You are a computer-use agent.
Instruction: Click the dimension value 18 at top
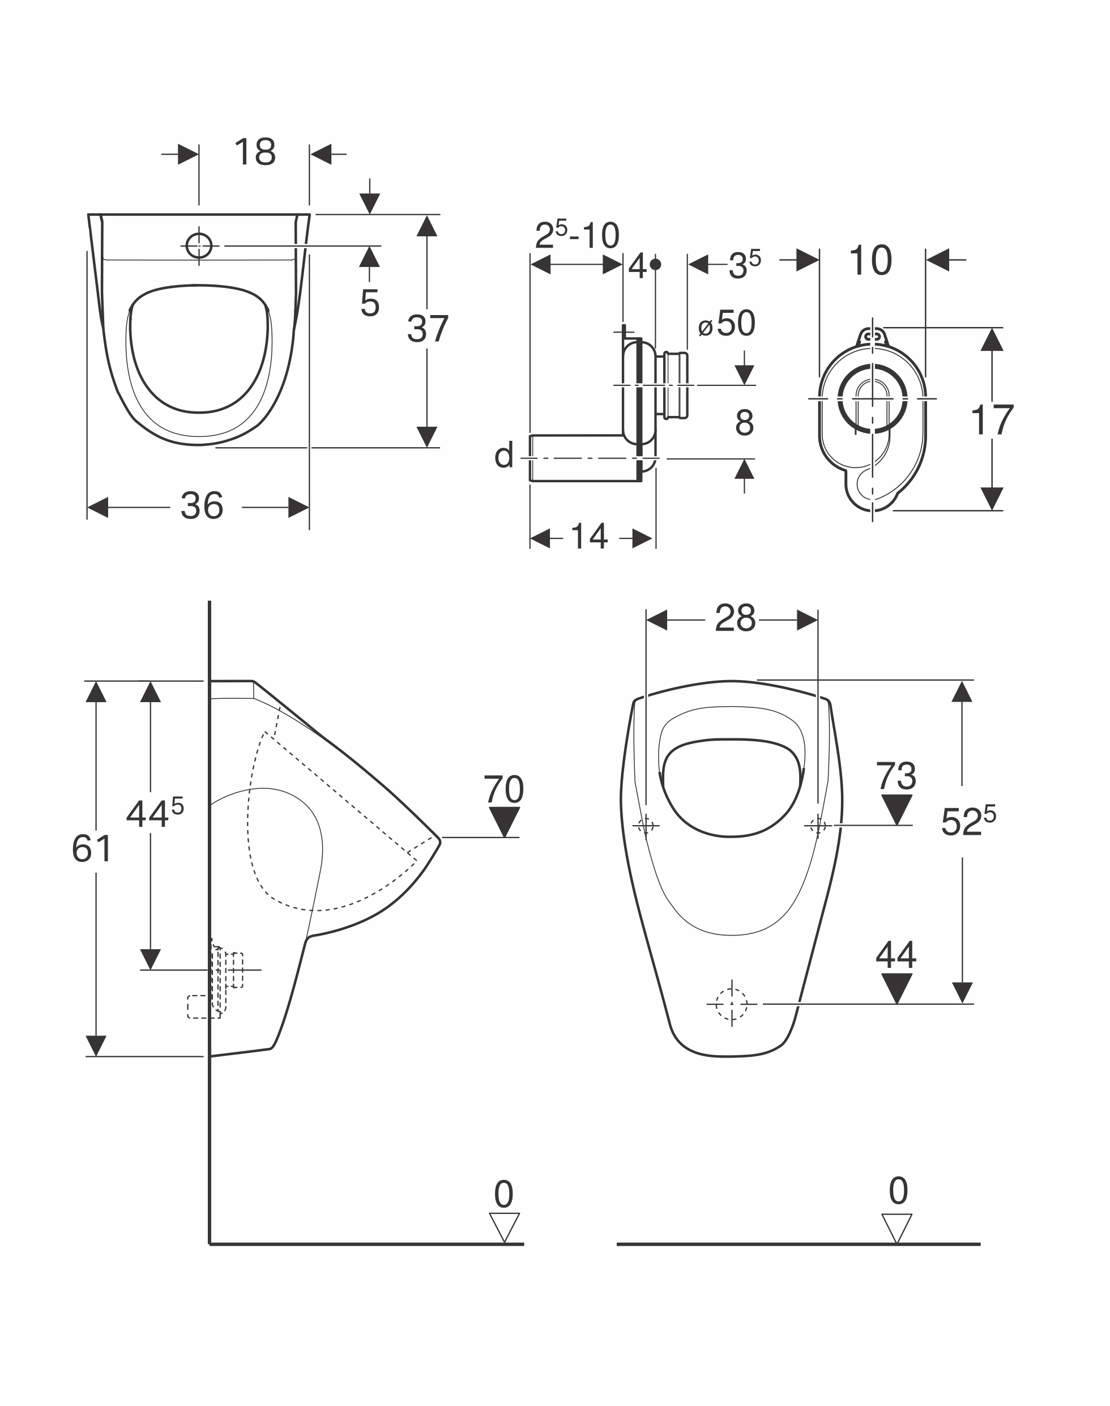click(255, 152)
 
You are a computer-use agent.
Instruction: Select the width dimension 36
click(202, 506)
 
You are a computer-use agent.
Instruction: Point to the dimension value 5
click(370, 303)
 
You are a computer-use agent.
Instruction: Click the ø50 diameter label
click(727, 323)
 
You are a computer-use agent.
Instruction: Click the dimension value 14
click(589, 537)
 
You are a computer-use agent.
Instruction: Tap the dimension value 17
click(992, 420)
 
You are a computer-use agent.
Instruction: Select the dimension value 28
click(735, 618)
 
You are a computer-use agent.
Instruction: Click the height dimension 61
click(92, 849)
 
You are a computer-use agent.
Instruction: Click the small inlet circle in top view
click(199, 246)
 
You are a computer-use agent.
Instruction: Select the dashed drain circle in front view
click(732, 1004)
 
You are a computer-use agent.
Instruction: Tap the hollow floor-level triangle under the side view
click(504, 1227)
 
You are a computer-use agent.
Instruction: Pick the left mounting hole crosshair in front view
click(646, 826)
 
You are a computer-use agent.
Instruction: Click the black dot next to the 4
click(656, 264)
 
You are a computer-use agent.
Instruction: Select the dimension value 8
click(745, 423)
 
